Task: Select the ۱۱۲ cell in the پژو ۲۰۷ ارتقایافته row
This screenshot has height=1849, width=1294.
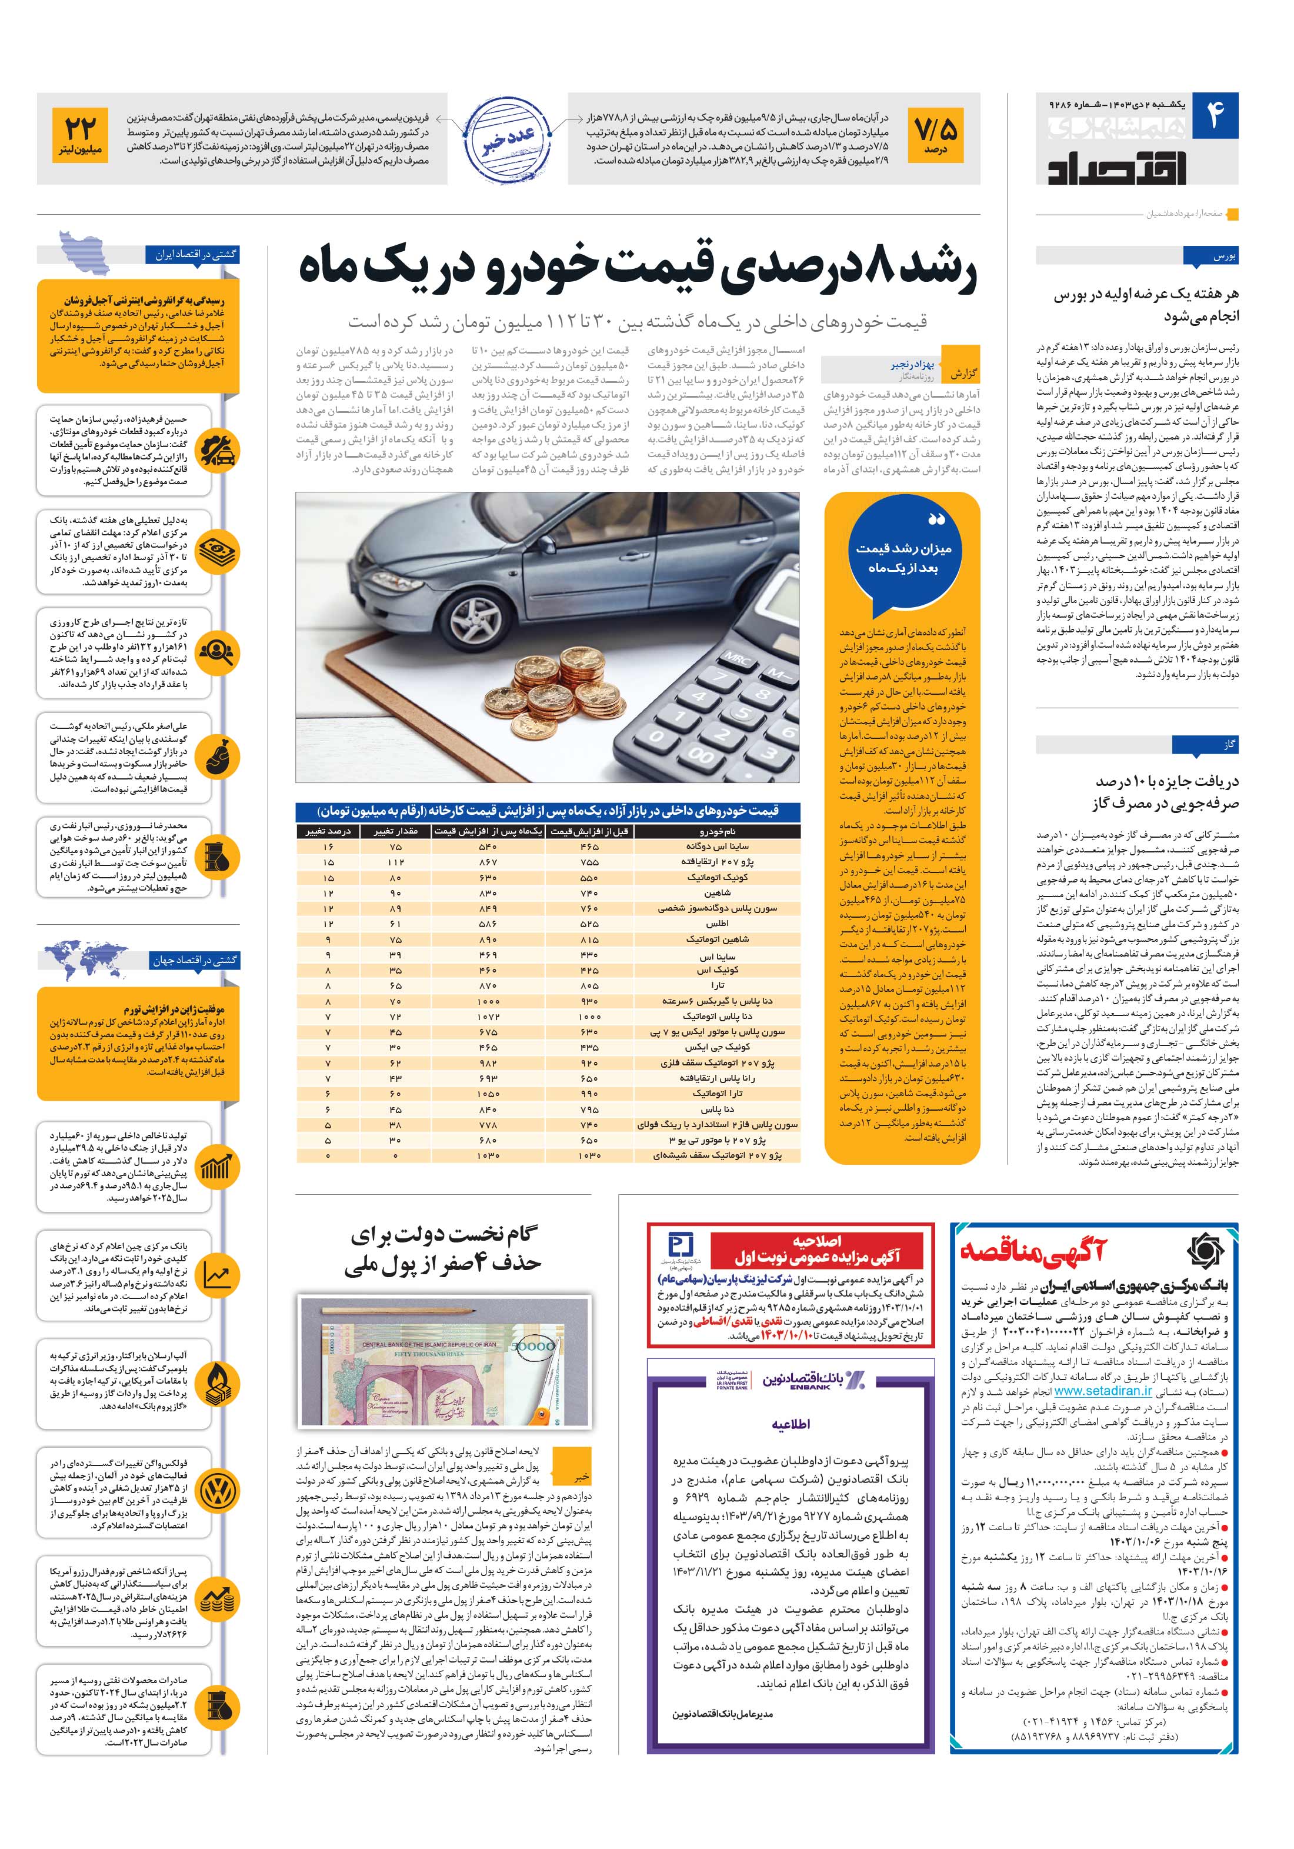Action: (x=395, y=862)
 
